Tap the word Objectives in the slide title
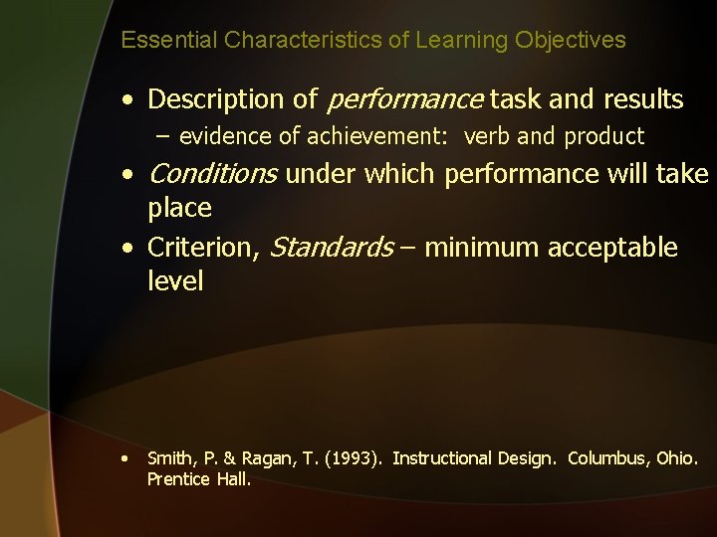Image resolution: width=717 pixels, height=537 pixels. point(571,41)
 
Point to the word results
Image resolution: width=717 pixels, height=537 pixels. point(641,99)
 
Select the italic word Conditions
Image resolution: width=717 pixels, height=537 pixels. point(212,175)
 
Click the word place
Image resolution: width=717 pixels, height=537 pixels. point(179,209)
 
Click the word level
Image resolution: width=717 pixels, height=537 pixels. point(175,281)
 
